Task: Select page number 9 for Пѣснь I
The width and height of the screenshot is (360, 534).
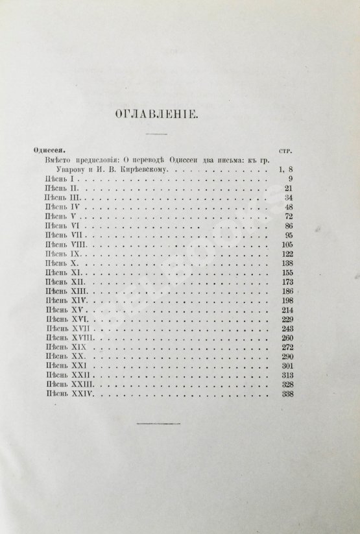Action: click(290, 179)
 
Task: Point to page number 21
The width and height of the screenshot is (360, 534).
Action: click(289, 188)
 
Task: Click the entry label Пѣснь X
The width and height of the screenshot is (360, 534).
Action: click(60, 264)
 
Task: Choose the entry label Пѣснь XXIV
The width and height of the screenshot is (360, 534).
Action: click(66, 394)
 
